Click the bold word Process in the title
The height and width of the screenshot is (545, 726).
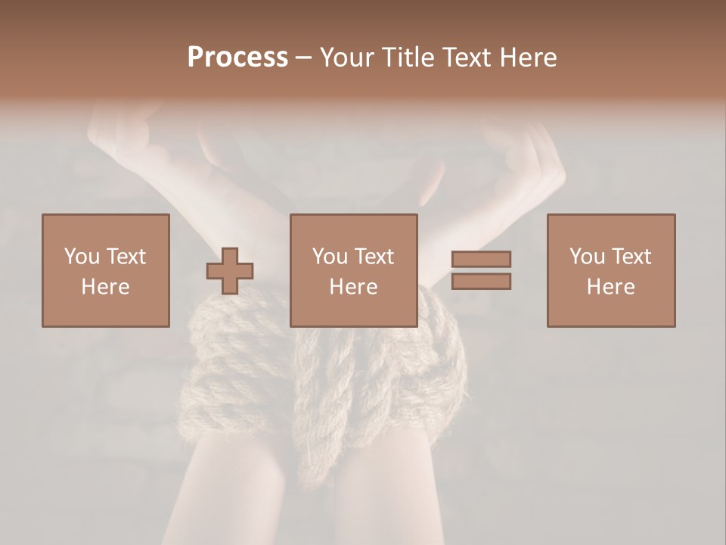coord(237,58)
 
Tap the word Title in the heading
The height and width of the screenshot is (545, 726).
coord(408,58)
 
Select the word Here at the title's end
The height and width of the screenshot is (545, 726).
coord(529,58)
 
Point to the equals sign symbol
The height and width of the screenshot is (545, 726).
coord(481,270)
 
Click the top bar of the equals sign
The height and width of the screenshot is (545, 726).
coord(481,260)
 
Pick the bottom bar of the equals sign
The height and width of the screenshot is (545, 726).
coord(481,281)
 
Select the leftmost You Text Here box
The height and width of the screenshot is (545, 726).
coord(106,270)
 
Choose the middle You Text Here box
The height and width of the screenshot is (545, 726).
coord(354,270)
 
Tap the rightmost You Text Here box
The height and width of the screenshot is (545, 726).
coord(611,270)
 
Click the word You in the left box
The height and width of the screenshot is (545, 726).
coord(81,257)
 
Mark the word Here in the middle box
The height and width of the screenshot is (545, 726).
coord(354,286)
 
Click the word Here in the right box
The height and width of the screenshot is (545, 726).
coord(611,286)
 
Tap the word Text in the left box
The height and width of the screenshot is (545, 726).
coord(125,257)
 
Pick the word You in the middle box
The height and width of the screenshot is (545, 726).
coord(329,257)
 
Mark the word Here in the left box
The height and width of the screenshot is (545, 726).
coord(106,286)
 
